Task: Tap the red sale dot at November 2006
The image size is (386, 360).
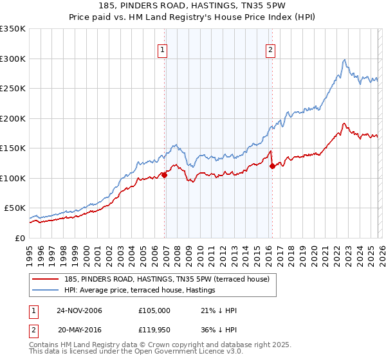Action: (x=165, y=174)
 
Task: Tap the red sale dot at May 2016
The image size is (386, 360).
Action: (x=272, y=166)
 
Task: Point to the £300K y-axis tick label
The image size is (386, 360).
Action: (x=13, y=59)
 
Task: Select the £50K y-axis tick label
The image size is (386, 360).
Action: (x=15, y=208)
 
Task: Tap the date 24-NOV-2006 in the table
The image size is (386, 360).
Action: (x=80, y=310)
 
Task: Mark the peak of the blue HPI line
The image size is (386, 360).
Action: (x=345, y=60)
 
